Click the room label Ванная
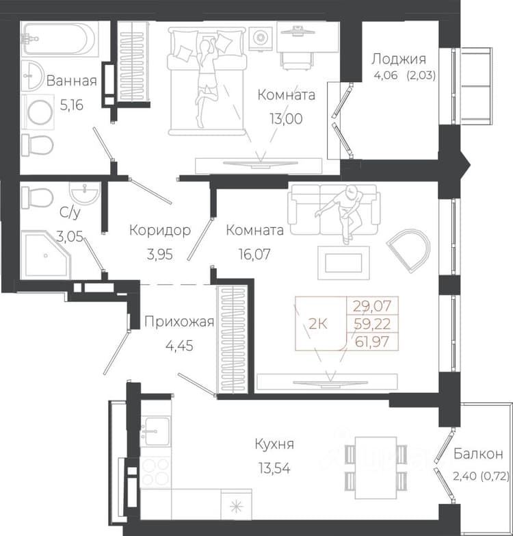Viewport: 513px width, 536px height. (x=71, y=81)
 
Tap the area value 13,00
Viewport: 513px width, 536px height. (x=286, y=118)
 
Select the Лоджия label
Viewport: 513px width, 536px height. (x=399, y=59)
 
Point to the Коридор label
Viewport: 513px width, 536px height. (x=160, y=230)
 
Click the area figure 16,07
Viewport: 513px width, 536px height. (x=254, y=254)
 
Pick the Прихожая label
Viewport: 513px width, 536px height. (x=179, y=322)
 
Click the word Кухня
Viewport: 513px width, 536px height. (x=274, y=444)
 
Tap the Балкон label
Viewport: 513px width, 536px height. (x=478, y=454)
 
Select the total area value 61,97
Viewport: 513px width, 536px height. (x=372, y=341)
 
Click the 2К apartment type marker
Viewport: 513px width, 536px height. (x=318, y=323)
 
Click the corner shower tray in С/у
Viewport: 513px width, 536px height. (x=46, y=255)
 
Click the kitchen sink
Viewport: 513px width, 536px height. (x=155, y=431)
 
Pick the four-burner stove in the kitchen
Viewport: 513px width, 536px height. (x=155, y=472)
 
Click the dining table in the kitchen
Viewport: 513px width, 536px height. (x=376, y=468)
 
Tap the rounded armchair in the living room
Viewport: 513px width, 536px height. (x=409, y=251)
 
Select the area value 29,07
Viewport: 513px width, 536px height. (x=372, y=305)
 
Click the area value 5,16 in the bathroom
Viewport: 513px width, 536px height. (x=72, y=105)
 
